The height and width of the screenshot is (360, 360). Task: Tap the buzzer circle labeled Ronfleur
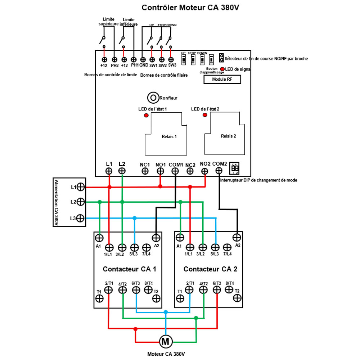[153, 97]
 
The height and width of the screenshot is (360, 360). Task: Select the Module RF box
[222, 80]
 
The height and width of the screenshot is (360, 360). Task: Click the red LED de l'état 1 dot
[146, 115]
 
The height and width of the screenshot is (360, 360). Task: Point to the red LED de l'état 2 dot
[205, 115]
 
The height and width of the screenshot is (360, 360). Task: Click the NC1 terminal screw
[145, 171]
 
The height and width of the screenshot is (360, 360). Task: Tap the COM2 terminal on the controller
[219, 170]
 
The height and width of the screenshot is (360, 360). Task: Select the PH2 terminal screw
[114, 59]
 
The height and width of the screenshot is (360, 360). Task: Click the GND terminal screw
[143, 59]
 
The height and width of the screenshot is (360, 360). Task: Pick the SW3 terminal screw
[171, 59]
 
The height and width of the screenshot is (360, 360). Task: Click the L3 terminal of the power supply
[80, 218]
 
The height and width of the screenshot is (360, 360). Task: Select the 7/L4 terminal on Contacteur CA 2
[227, 247]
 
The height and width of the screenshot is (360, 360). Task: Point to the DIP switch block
[235, 168]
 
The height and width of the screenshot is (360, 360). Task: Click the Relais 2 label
[228, 136]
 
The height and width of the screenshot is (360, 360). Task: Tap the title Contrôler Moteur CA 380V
[190, 8]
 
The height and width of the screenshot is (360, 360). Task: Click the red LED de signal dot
[222, 69]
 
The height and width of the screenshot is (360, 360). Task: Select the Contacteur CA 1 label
[130, 269]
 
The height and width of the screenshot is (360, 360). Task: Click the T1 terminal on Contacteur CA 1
[99, 298]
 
